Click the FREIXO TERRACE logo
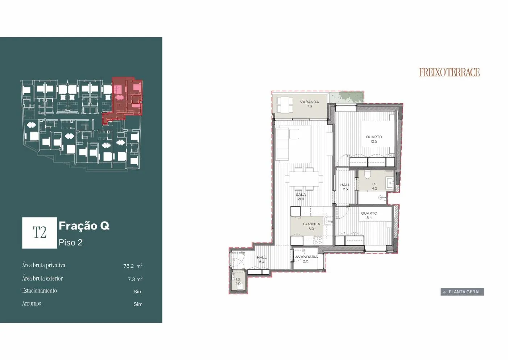point(449,72)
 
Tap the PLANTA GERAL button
point(462,292)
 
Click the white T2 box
point(40,233)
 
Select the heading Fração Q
point(84,226)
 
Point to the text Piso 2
point(70,243)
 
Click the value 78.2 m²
point(133,266)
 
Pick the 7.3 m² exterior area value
point(135,279)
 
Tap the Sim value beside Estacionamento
point(138,291)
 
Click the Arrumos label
point(32,303)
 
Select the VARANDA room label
point(310,102)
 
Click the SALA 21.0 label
point(301,197)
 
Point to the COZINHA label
point(311,224)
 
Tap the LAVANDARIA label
point(305,257)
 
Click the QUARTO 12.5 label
point(374,139)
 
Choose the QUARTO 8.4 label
point(369,215)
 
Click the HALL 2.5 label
point(345,187)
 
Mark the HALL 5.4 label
point(262,260)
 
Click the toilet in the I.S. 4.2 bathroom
point(368,174)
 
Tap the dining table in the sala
point(304,179)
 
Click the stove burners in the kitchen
point(318,240)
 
